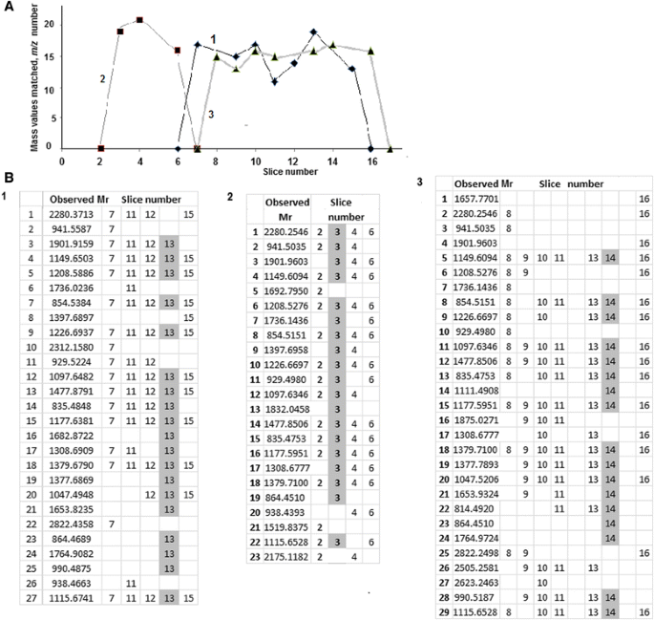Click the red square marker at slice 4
[139, 20]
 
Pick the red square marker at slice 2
[101, 149]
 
